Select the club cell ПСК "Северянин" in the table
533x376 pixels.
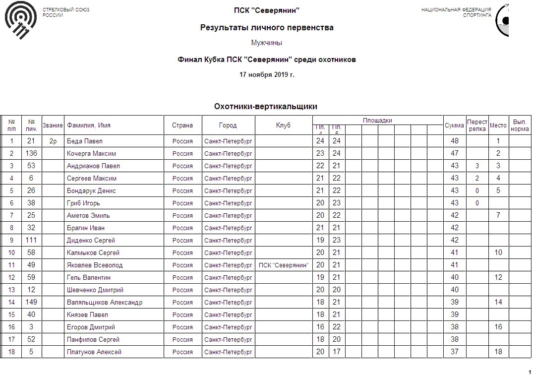click(x=284, y=265)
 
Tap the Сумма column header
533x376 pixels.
click(x=454, y=125)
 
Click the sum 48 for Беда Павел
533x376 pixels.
click(x=454, y=141)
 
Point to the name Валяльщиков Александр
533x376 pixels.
click(x=105, y=303)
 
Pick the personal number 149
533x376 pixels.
click(x=32, y=303)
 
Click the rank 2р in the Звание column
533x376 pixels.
click(x=53, y=141)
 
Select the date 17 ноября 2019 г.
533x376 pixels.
click(x=266, y=75)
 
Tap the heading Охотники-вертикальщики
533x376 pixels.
click(x=265, y=106)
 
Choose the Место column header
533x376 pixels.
click(x=498, y=125)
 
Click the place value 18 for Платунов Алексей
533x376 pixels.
click(x=498, y=352)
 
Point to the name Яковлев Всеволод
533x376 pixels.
click(x=95, y=265)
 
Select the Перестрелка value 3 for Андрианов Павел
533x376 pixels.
click(x=476, y=166)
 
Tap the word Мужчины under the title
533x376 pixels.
click(x=266, y=43)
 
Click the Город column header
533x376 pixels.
click(x=228, y=125)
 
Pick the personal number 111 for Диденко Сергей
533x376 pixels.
click(x=32, y=241)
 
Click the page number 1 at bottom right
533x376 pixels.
click(x=529, y=372)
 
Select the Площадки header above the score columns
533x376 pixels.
click(x=377, y=120)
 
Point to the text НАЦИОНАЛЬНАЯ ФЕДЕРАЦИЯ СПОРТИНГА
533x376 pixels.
click(x=456, y=12)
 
